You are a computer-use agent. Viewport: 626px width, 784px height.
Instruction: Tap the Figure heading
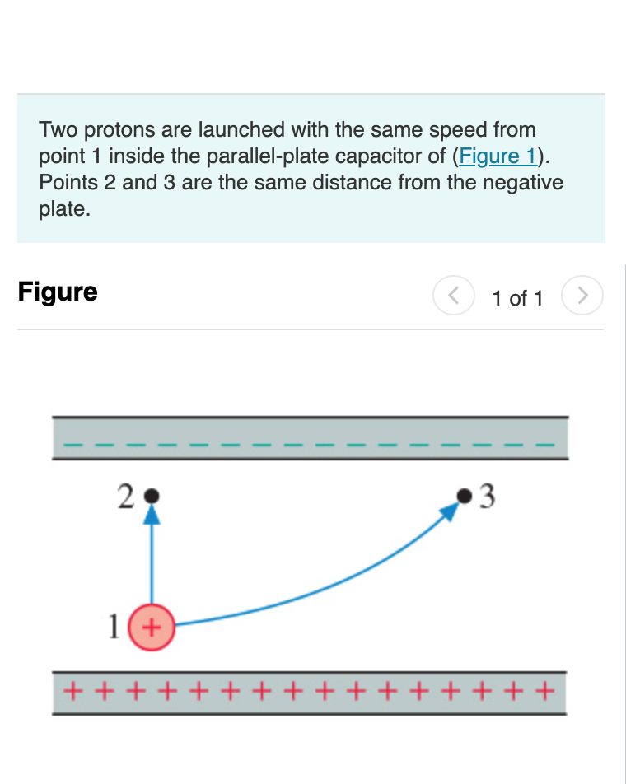[58, 292]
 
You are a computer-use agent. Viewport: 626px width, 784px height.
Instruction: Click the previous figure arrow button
[453, 295]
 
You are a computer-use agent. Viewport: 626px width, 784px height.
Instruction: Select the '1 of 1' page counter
[517, 298]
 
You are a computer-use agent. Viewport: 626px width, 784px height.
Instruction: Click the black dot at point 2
[151, 497]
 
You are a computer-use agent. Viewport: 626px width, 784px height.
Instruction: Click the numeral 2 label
[125, 497]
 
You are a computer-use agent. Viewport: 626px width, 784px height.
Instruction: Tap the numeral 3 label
[488, 497]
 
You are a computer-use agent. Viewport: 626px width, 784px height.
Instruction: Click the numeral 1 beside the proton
[115, 627]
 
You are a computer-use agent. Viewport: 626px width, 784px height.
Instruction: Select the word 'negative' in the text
[524, 183]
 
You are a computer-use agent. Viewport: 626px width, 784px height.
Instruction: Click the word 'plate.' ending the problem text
[63, 209]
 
